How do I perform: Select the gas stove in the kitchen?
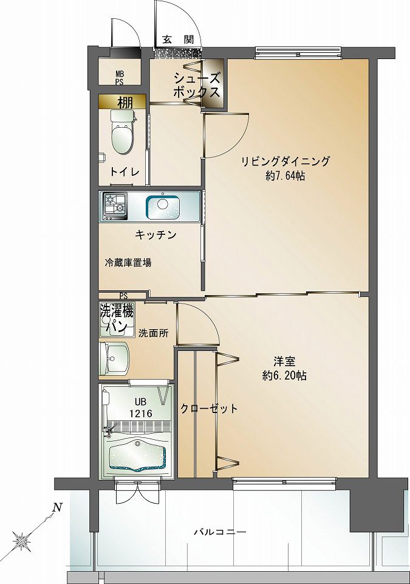click(115, 206)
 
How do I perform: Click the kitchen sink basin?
click(162, 206)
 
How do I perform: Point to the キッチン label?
click(155, 235)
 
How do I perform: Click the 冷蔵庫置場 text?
click(128, 263)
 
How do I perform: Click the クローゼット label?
click(209, 409)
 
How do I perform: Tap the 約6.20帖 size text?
click(284, 375)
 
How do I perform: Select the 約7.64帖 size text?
click(285, 176)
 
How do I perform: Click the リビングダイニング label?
click(285, 161)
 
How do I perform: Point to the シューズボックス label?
click(196, 85)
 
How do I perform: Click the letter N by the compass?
click(56, 506)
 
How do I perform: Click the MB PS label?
click(120, 77)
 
